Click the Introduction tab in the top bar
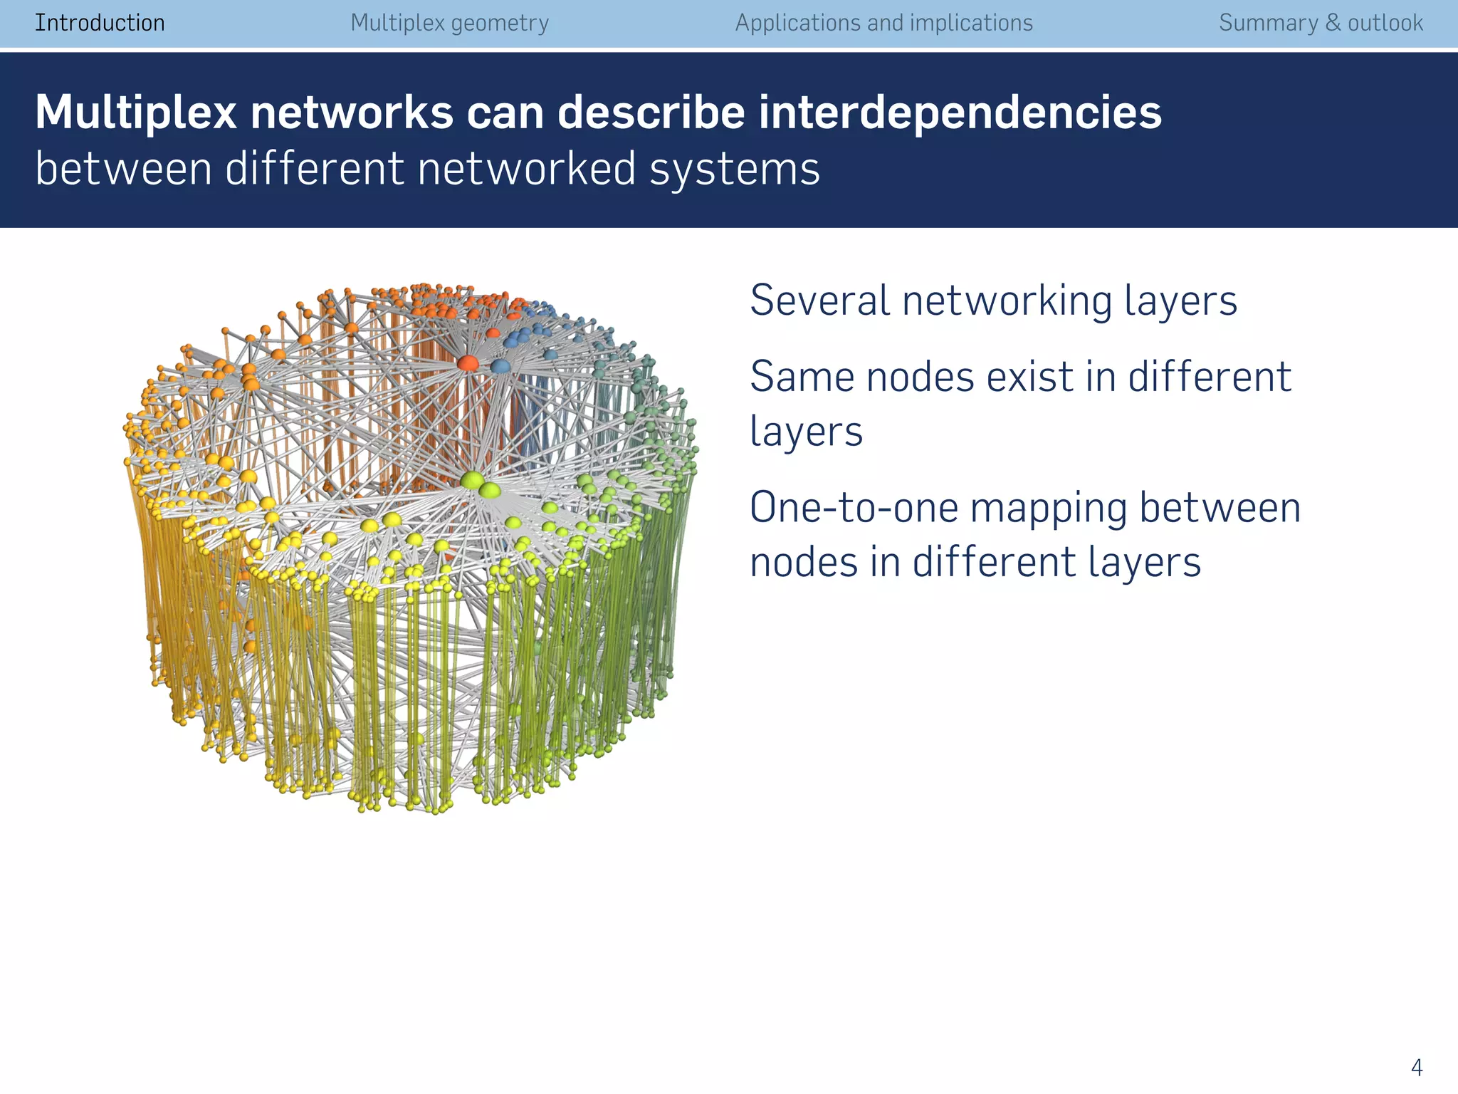click(x=100, y=23)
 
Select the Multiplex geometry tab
click(x=449, y=23)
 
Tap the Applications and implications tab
click(x=883, y=23)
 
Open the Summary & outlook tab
click(x=1321, y=23)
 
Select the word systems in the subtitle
click(x=735, y=170)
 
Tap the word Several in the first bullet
click(x=819, y=300)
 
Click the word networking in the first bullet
click(x=1006, y=300)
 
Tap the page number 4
click(x=1416, y=1068)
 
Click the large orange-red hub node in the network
click(x=468, y=363)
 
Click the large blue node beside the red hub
click(x=500, y=366)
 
